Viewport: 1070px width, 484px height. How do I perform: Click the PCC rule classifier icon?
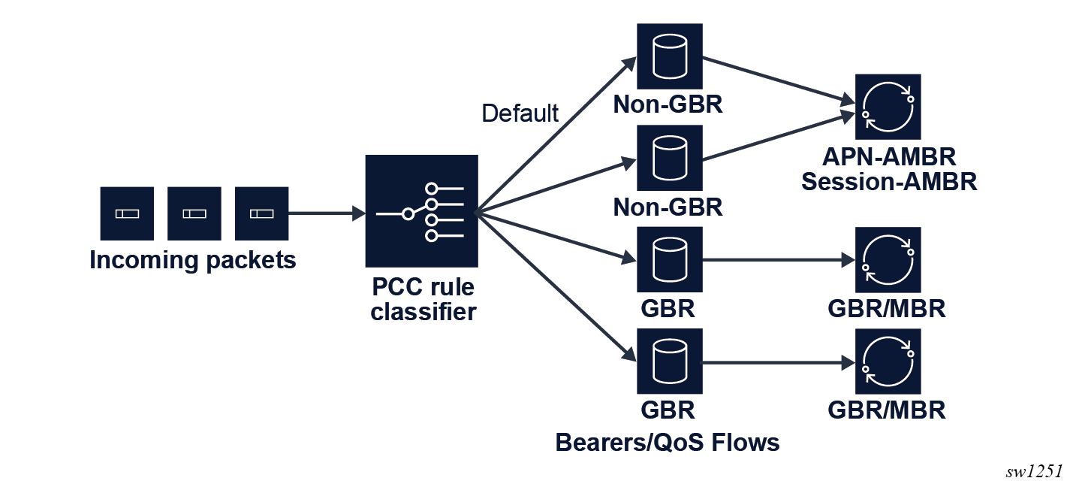(421, 211)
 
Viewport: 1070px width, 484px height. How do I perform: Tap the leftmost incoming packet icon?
(127, 213)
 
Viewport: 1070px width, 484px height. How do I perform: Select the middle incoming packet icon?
(194, 213)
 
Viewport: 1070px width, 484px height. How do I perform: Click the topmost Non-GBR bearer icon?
(669, 56)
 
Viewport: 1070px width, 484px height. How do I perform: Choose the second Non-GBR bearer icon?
(669, 158)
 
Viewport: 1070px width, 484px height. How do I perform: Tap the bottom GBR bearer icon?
(669, 361)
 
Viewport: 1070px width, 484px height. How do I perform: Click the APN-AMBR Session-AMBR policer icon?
(888, 107)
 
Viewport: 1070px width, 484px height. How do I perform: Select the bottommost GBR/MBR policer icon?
(888, 361)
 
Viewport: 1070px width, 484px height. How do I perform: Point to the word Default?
(520, 113)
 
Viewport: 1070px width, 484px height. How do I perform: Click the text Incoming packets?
(193, 261)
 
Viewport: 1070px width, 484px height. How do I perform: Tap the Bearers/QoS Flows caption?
(668, 443)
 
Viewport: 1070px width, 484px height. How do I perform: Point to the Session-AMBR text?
(889, 182)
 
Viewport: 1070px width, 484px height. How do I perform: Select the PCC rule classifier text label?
(423, 299)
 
